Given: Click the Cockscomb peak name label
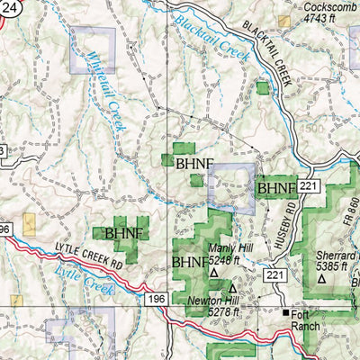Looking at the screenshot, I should coord(323,5).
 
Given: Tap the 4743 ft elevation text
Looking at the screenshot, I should coord(323,16).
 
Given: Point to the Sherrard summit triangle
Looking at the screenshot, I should coord(322,279).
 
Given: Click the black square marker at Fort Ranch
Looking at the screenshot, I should coord(287,313).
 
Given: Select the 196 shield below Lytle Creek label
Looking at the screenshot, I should coord(158,298).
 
